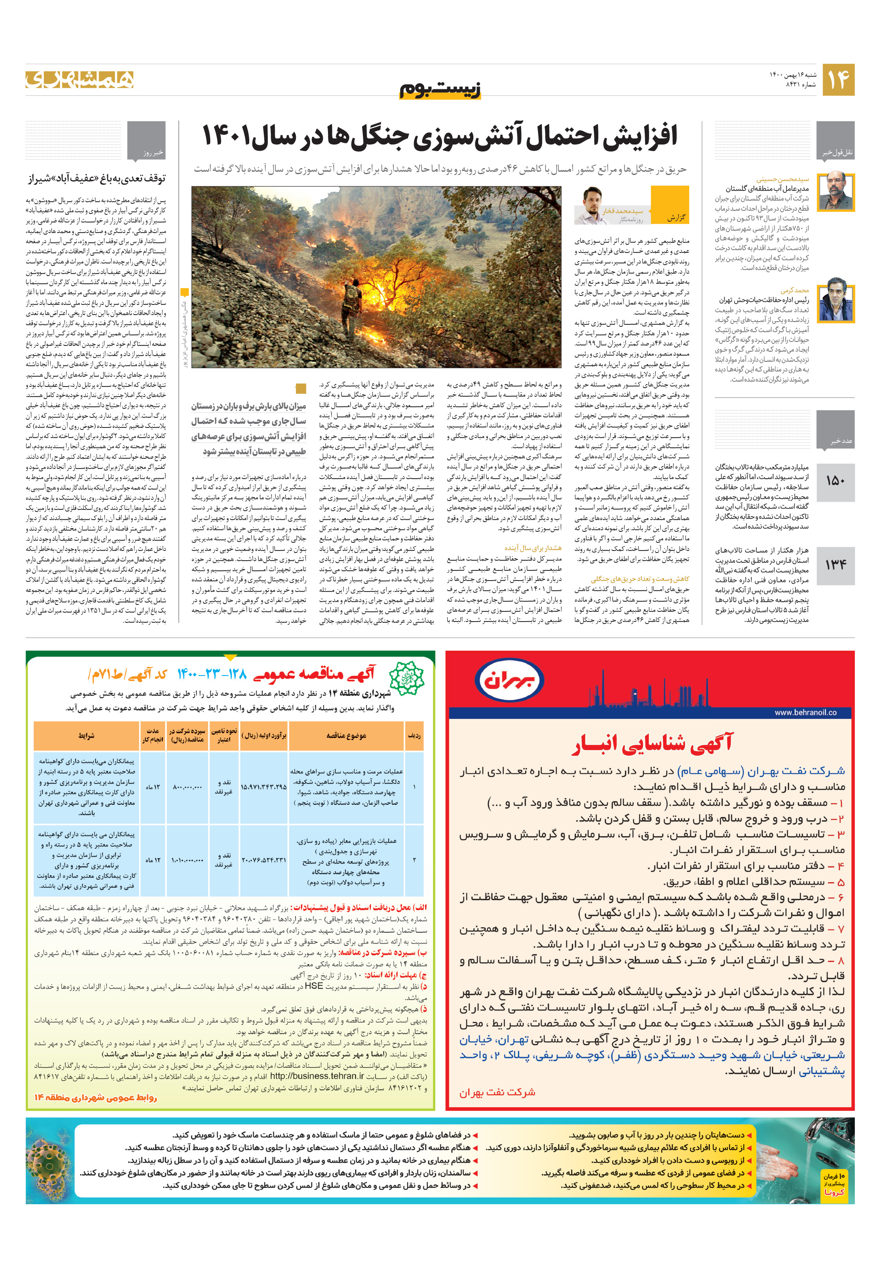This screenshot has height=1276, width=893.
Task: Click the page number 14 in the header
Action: [x=838, y=80]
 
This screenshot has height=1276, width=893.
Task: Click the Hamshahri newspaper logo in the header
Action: [x=80, y=80]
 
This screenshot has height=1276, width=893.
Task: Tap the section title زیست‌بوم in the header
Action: [x=440, y=89]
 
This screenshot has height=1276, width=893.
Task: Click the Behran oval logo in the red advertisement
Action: [x=509, y=680]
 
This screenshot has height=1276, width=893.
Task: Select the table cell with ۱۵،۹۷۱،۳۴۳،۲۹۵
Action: [x=263, y=787]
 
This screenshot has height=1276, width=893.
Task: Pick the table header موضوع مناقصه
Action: [x=346, y=736]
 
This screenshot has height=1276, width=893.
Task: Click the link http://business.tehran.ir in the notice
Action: [x=317, y=1076]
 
